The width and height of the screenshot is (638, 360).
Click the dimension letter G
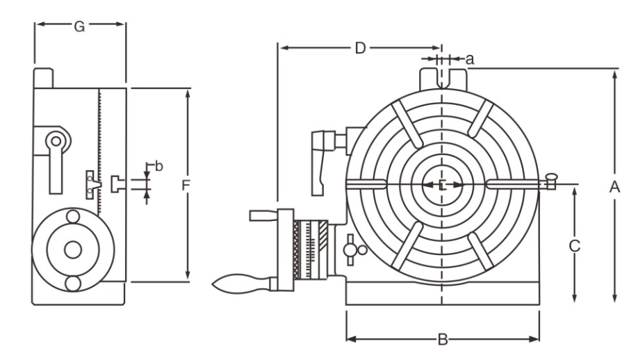(80, 27)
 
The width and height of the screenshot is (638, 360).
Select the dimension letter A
(614, 186)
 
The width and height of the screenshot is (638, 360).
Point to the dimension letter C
(574, 245)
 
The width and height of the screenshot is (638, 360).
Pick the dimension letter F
(186, 186)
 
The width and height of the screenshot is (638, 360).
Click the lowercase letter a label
(470, 59)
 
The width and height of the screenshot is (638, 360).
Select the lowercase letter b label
(158, 166)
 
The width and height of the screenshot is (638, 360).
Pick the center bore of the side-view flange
(72, 250)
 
